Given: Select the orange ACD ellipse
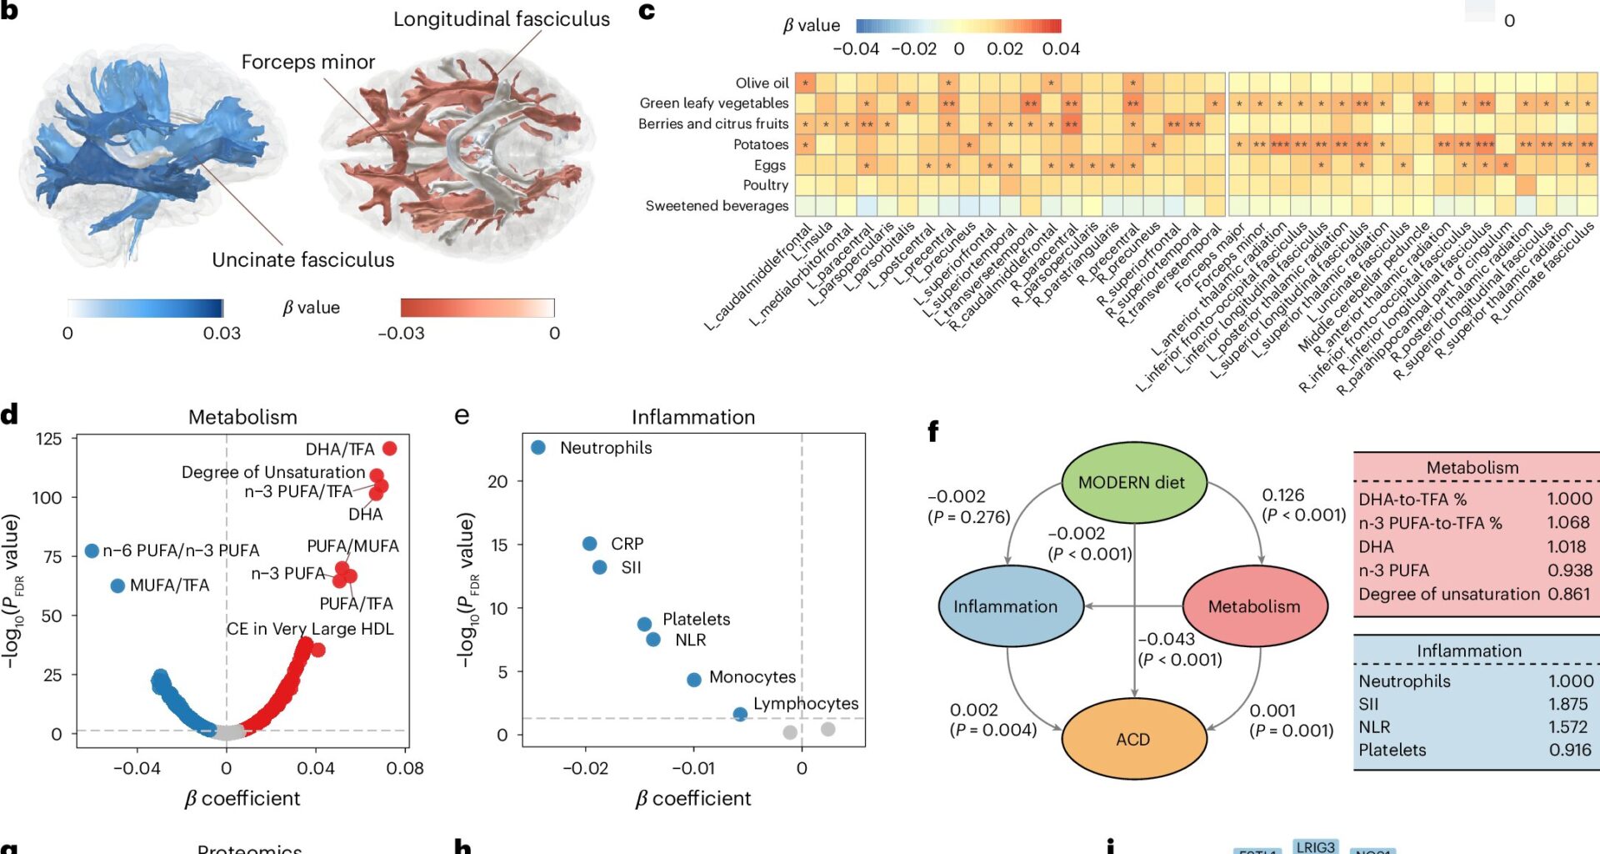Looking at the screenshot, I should coord(1133,739).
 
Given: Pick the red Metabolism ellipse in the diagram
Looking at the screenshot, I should coord(1254,606).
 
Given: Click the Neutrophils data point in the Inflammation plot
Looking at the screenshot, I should coord(538,448).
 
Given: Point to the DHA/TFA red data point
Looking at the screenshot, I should coord(389,449).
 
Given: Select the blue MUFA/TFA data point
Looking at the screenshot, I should coord(117,585).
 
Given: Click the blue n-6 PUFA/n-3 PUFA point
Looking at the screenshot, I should coord(92,550).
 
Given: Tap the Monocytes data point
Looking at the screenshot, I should coord(694,680).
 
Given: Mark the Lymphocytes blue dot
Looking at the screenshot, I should coord(740,714).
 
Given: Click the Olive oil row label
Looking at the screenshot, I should coord(762,83).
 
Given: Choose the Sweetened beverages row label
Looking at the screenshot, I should coord(717,205).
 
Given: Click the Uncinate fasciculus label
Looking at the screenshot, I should coord(302,259).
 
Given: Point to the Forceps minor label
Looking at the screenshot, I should coord(308,62).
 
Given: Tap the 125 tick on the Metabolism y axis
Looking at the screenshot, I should coord(49,439).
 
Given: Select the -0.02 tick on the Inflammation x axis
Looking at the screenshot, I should coord(586,768).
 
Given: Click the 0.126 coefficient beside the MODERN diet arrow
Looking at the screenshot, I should coord(1283,495).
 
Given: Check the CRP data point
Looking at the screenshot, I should coord(590,544).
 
